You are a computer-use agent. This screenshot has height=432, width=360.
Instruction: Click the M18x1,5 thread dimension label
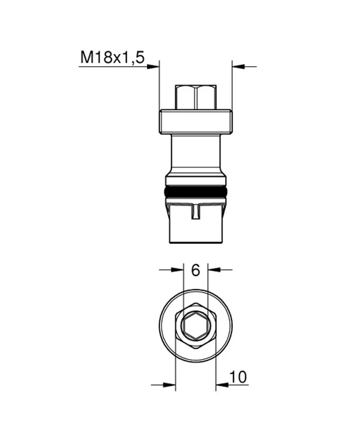click(112, 57)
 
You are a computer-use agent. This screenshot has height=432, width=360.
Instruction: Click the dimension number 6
click(195, 270)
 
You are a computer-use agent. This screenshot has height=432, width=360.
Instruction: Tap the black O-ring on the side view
click(196, 192)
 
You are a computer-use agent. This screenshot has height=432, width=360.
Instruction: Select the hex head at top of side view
click(196, 97)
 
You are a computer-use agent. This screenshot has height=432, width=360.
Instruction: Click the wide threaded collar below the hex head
click(196, 122)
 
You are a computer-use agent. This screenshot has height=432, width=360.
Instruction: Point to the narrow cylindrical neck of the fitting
click(196, 154)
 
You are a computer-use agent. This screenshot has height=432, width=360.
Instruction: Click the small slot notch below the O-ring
click(195, 212)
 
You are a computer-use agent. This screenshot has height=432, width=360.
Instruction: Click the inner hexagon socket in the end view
click(196, 326)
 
